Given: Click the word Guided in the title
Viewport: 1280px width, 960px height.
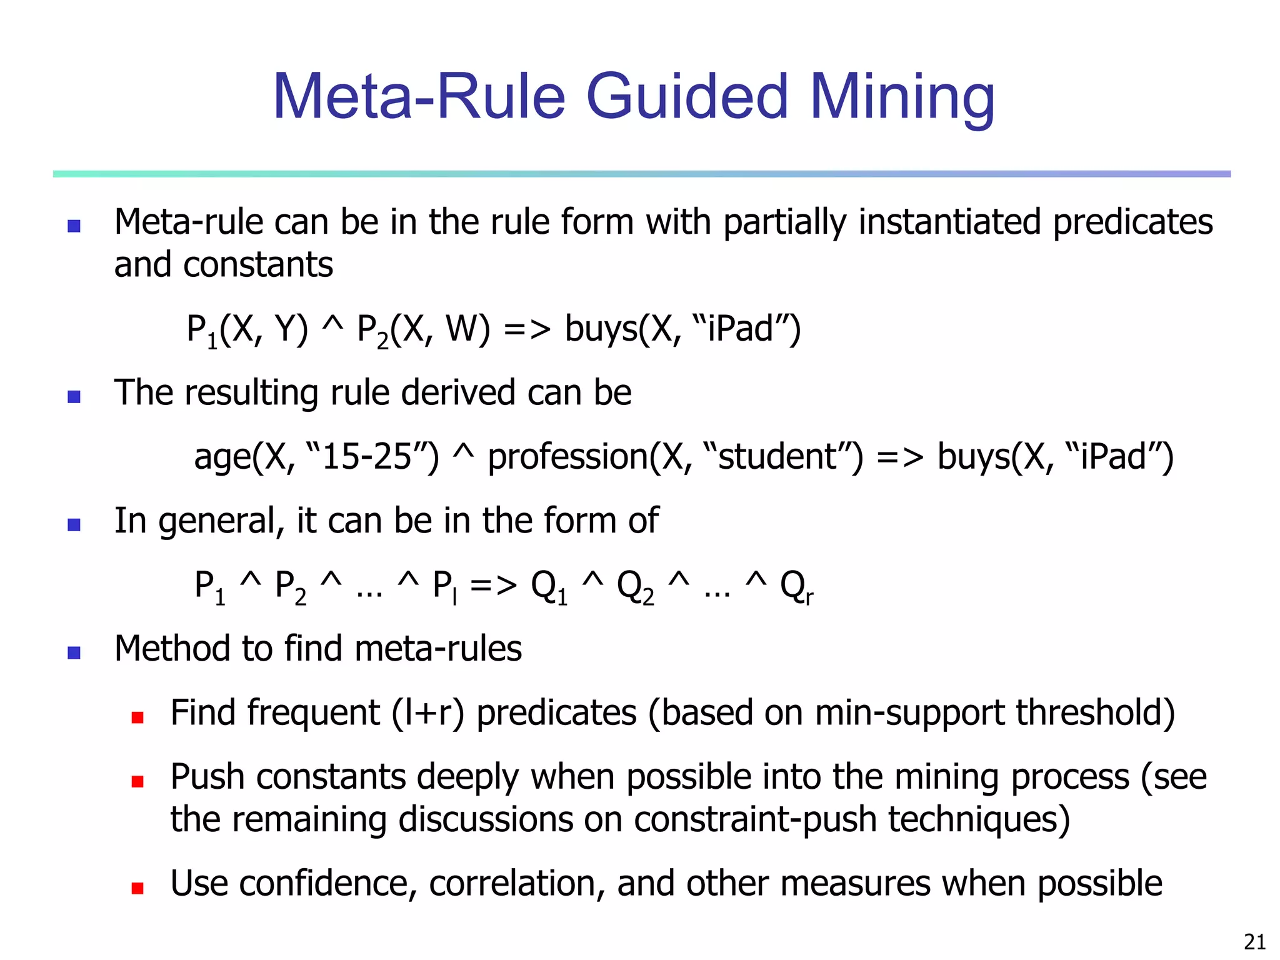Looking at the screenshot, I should pos(687,97).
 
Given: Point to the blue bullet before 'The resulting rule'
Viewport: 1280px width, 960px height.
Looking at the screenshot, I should pos(74,397).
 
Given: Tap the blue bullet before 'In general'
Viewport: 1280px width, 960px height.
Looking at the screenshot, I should pos(74,524).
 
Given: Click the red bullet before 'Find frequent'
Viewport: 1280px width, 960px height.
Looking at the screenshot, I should pos(137,717).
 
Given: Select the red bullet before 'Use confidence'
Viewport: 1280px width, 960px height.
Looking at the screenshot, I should pos(137,888).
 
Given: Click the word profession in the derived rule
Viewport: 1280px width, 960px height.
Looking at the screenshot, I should pos(567,457).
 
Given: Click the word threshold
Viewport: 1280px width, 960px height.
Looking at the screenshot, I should pos(1094,713).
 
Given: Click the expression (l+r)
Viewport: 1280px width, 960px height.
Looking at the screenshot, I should pos(428,713).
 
